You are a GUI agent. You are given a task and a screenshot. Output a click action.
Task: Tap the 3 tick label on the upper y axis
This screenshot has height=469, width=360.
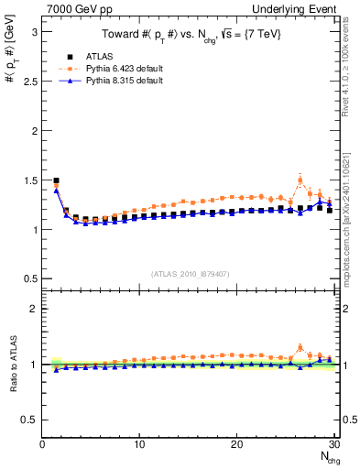click(x=33, y=31)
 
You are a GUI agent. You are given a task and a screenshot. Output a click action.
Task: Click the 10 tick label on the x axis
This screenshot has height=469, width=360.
click(x=139, y=444)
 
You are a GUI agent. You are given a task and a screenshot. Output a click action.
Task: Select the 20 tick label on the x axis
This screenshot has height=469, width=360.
click(x=236, y=444)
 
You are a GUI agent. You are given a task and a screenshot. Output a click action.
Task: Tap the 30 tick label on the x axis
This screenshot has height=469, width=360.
click(x=333, y=444)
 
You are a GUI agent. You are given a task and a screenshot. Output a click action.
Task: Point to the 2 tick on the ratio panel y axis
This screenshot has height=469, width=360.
click(x=33, y=309)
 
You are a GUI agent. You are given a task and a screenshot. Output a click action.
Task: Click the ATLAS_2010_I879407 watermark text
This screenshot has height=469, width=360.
click(x=191, y=272)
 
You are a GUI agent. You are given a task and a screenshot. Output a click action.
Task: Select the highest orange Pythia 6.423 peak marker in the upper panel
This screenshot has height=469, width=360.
click(x=300, y=180)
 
